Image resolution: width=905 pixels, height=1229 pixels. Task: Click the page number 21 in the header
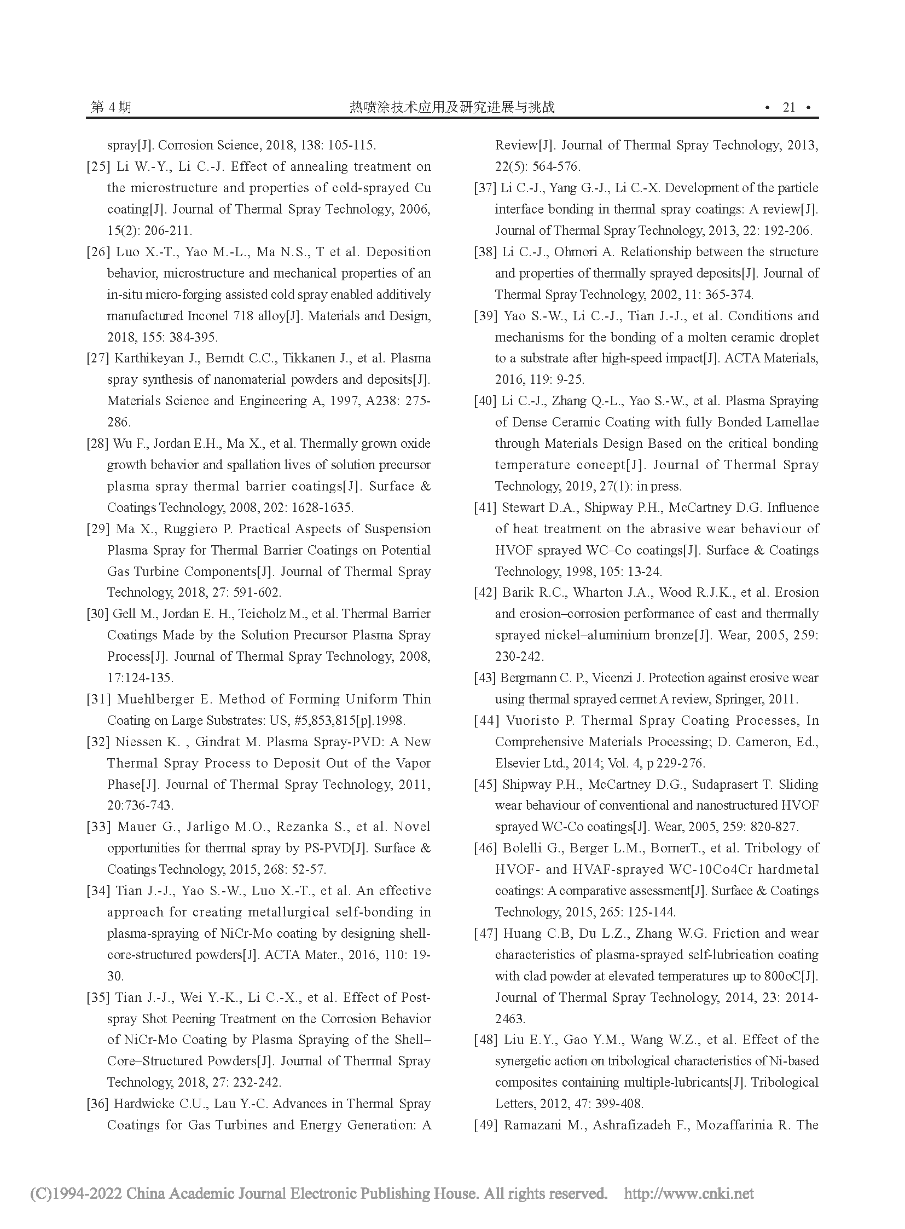pos(789,107)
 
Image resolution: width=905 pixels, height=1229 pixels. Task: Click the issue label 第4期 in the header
pos(111,107)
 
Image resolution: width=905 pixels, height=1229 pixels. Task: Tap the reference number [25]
pos(98,166)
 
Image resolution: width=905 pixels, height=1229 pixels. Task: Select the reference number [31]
pos(98,700)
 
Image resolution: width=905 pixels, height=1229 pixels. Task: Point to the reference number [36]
pos(98,1104)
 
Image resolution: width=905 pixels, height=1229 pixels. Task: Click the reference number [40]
pos(486,401)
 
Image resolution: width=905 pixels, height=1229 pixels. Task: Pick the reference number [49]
pos(486,1125)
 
